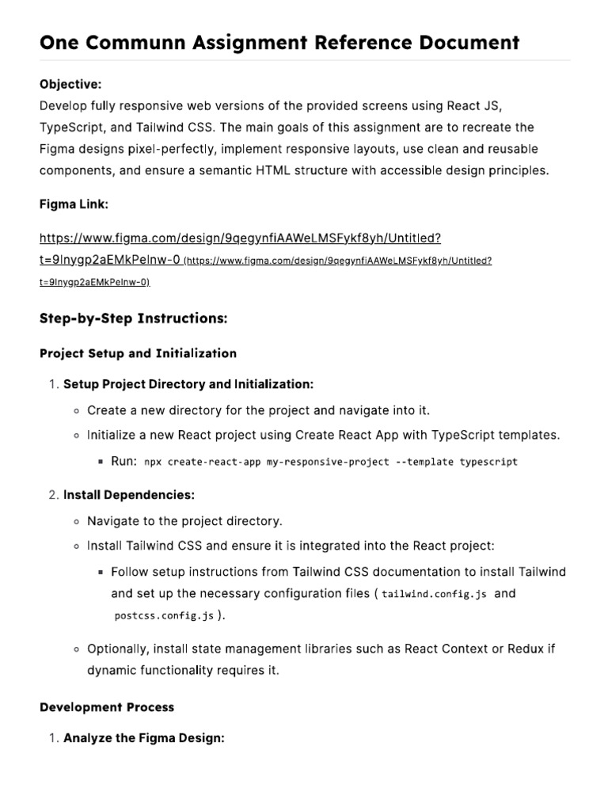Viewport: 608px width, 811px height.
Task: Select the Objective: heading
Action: click(x=70, y=84)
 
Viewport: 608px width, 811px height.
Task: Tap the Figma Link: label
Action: click(x=74, y=204)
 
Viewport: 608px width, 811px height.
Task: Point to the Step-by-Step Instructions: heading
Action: click(x=133, y=318)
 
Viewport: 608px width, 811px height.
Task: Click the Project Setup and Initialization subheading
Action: click(x=138, y=353)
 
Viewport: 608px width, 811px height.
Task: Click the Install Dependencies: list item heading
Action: click(x=129, y=495)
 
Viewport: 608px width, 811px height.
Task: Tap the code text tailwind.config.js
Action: click(x=435, y=594)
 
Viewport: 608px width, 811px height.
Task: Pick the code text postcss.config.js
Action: click(x=164, y=615)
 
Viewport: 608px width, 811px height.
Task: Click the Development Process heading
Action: click(x=107, y=706)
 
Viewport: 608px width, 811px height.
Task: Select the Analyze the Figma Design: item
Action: click(x=144, y=738)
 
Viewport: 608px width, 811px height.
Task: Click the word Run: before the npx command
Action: click(x=124, y=461)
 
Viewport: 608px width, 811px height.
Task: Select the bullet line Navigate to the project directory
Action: click(x=184, y=521)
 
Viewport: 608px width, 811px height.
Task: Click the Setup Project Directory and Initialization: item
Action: click(x=188, y=384)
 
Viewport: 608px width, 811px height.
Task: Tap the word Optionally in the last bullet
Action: click(x=117, y=649)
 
